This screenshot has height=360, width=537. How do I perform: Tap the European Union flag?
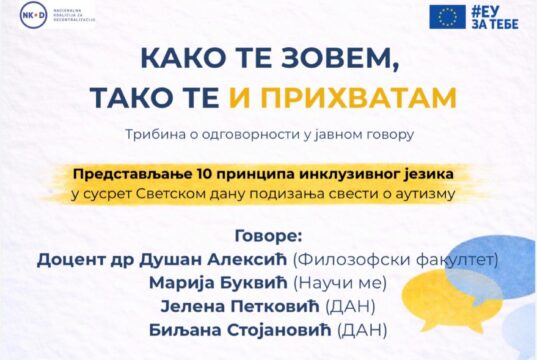[447, 16]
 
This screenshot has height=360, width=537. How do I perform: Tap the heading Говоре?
[268, 239]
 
